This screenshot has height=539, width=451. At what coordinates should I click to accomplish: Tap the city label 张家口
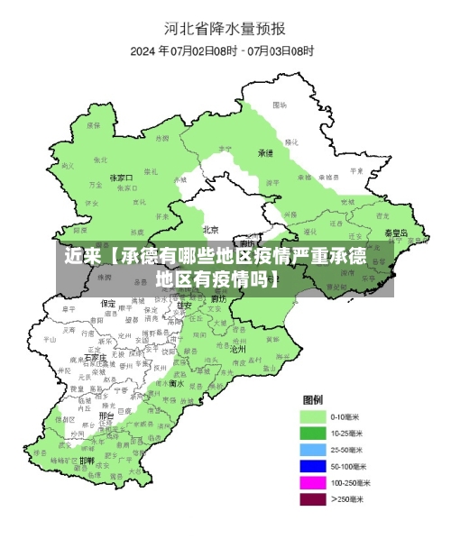(x=121, y=178)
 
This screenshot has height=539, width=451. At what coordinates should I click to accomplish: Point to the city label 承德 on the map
(x=265, y=153)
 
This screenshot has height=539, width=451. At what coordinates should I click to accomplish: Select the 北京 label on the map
(x=211, y=229)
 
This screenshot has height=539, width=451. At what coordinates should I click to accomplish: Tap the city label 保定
(x=107, y=304)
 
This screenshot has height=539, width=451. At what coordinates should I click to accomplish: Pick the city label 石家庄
(x=97, y=358)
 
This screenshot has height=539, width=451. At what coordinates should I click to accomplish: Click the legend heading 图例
(x=313, y=399)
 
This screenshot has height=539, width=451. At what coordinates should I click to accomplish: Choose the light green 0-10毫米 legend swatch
(x=313, y=416)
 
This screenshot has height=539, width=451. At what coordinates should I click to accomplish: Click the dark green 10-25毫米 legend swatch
(x=313, y=433)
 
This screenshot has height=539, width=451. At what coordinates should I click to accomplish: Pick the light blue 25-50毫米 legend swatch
(x=313, y=449)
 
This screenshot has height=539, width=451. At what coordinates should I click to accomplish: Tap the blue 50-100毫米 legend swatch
(x=313, y=465)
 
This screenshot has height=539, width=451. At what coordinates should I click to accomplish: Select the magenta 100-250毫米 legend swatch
(x=313, y=482)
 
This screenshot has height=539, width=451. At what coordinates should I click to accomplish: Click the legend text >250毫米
(x=349, y=498)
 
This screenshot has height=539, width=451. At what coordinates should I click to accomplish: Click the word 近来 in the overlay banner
(x=81, y=256)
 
